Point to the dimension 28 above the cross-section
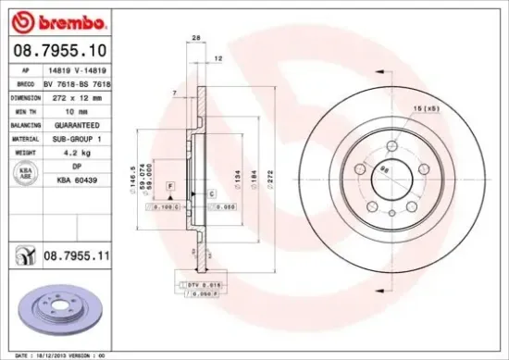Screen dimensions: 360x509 click(x=196, y=37)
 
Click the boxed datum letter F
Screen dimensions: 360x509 click(x=170, y=187)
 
